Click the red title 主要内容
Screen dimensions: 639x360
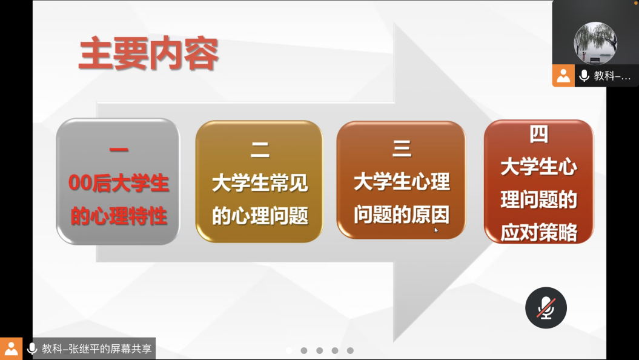tap(149, 54)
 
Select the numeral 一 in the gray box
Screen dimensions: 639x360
tap(119, 150)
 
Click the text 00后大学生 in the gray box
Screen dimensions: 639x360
tap(119, 183)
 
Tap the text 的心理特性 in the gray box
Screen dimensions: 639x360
tap(119, 216)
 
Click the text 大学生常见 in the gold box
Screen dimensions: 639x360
tap(260, 182)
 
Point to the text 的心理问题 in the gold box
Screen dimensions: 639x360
tap(260, 216)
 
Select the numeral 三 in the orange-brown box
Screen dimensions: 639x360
tap(402, 148)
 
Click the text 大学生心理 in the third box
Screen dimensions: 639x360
tap(402, 181)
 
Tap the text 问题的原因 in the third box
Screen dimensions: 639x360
tap(402, 215)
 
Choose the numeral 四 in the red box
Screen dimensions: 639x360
tap(538, 134)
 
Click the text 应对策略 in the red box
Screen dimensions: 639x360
tap(538, 232)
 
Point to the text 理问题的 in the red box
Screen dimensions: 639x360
tap(538, 200)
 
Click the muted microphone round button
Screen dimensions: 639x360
tap(546, 308)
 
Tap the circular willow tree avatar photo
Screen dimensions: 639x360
tap(595, 43)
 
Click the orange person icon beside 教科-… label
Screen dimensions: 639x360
tap(563, 75)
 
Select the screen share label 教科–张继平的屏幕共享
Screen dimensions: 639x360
tap(96, 349)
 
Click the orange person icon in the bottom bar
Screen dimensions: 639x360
tap(11, 349)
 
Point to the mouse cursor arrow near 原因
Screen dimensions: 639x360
tap(436, 230)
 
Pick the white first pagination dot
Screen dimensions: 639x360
tap(289, 350)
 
